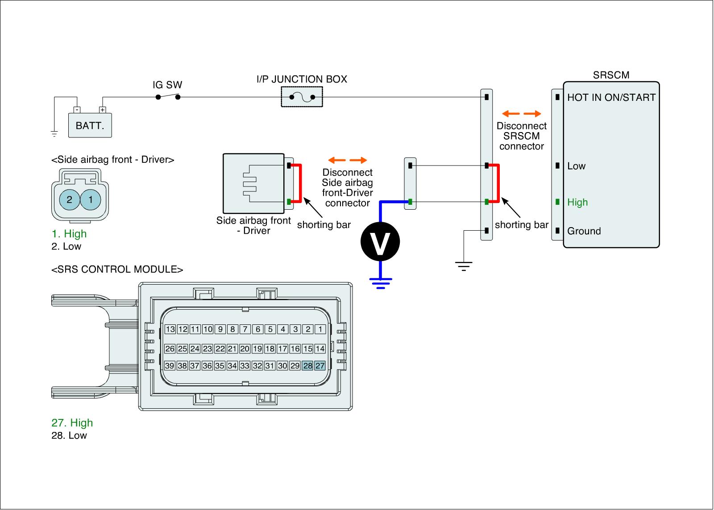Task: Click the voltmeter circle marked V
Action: tap(380, 241)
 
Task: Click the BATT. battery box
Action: tap(90, 125)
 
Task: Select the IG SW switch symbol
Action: tap(168, 96)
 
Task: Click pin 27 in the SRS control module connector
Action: tap(320, 366)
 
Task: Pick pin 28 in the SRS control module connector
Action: tap(307, 366)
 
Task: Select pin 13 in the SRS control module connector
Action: tap(170, 330)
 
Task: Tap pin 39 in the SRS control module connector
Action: tap(170, 366)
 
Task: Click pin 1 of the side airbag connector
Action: tap(91, 199)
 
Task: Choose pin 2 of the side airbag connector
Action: tap(69, 199)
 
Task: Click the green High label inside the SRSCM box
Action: tap(577, 203)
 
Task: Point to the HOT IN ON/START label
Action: tap(611, 98)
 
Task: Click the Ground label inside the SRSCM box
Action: tap(584, 231)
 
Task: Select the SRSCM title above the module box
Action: tap(611, 75)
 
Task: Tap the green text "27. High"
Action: tap(72, 423)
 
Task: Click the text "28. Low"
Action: tap(69, 435)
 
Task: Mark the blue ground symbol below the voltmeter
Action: tap(380, 283)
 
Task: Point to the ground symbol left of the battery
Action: tap(54, 133)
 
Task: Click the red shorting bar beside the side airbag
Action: tap(300, 184)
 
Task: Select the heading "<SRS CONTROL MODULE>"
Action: tap(117, 270)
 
